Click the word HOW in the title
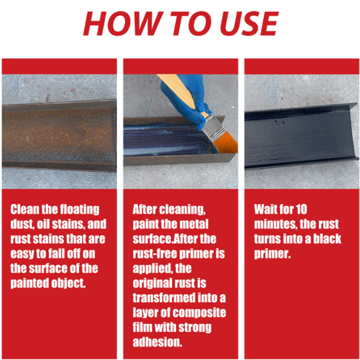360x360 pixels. (121, 24)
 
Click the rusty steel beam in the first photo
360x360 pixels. (59, 135)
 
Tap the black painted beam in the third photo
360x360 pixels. (301, 136)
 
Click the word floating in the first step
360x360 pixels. (79, 210)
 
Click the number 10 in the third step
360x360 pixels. (301, 209)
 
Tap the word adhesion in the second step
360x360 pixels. (157, 342)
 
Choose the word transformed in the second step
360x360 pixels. (164, 298)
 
